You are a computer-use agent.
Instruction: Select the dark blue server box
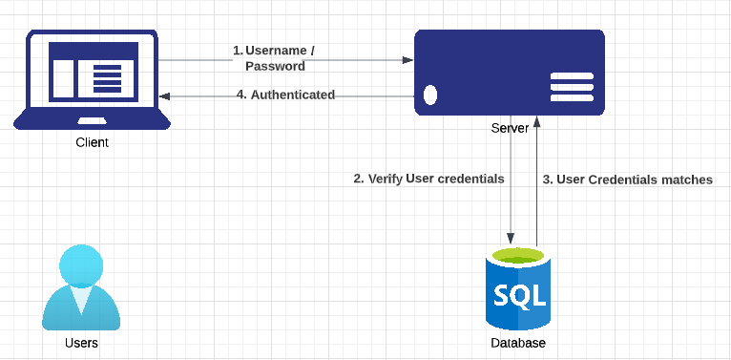tap(509, 72)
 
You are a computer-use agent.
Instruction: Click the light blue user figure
tap(81, 287)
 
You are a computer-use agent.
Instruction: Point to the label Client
tap(92, 142)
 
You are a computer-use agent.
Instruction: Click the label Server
tap(509, 128)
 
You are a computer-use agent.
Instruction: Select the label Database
tap(518, 344)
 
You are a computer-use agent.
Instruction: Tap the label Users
tap(81, 343)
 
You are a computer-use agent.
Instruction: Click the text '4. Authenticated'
tap(285, 95)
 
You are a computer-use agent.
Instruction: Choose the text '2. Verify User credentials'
tap(428, 179)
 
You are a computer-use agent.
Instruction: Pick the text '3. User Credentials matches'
tap(627, 180)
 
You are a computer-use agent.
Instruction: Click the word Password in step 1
tap(275, 66)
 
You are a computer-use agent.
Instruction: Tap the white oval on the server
tap(430, 95)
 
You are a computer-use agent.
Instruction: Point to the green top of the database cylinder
tap(519, 256)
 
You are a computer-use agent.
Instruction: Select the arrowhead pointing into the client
tap(165, 95)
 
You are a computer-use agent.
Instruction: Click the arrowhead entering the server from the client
tap(407, 60)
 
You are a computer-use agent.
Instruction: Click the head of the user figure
tap(81, 265)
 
